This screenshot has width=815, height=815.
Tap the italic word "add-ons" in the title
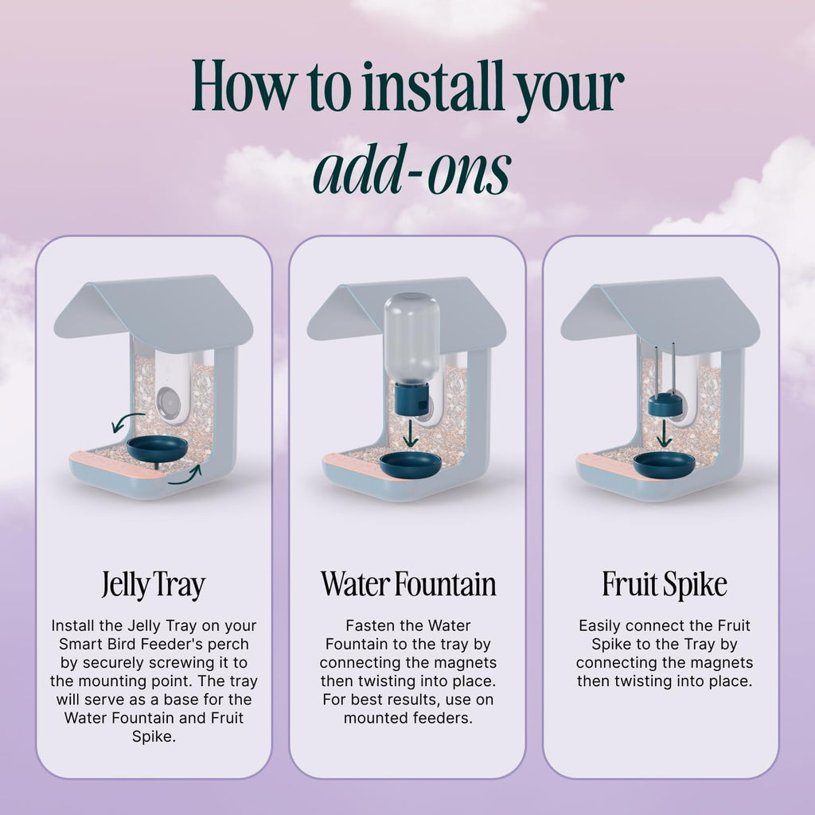tap(412, 170)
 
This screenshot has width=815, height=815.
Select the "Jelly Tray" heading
tap(154, 585)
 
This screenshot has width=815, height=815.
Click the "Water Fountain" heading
tap(408, 583)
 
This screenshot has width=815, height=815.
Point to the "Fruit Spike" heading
tap(665, 584)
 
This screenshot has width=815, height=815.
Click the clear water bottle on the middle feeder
tap(411, 337)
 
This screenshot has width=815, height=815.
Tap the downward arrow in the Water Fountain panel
tap(411, 433)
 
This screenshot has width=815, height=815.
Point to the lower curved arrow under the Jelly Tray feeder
tap(186, 477)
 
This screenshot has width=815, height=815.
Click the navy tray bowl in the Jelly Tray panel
tap(157, 447)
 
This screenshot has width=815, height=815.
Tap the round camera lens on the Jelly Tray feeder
tap(167, 401)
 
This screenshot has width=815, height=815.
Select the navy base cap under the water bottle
tap(411, 398)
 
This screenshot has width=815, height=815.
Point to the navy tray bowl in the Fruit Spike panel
tap(664, 463)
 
